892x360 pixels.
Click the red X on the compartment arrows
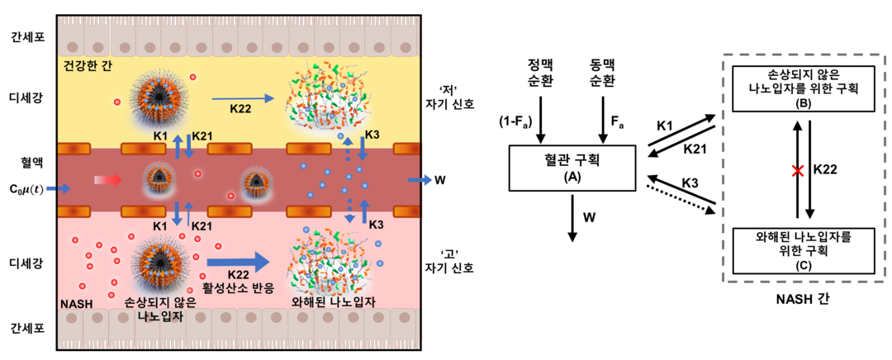pyautogui.click(x=797, y=171)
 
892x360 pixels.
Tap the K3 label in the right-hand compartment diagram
pyautogui.click(x=691, y=181)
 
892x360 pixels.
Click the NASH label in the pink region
pyautogui.click(x=77, y=304)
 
